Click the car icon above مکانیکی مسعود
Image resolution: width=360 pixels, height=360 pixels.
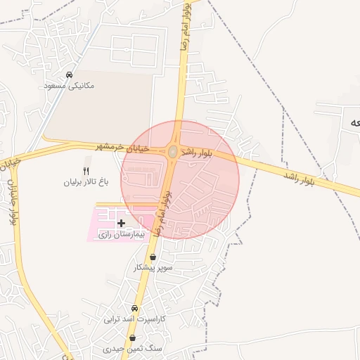(x=69, y=75)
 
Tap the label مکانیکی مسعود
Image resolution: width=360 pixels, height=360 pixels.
(x=69, y=86)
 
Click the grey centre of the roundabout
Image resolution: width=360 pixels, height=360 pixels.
(x=173, y=151)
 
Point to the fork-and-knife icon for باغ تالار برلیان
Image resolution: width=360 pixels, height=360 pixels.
(x=87, y=170)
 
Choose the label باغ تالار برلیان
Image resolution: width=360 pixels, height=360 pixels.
(x=87, y=181)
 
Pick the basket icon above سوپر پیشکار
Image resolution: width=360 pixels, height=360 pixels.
(x=153, y=257)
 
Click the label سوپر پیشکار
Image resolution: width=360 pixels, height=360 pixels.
(x=153, y=269)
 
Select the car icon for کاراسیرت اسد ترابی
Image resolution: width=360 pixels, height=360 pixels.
(x=134, y=308)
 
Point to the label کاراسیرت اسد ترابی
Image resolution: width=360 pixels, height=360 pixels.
(x=134, y=319)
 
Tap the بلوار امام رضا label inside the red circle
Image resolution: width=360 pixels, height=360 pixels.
(x=164, y=210)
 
